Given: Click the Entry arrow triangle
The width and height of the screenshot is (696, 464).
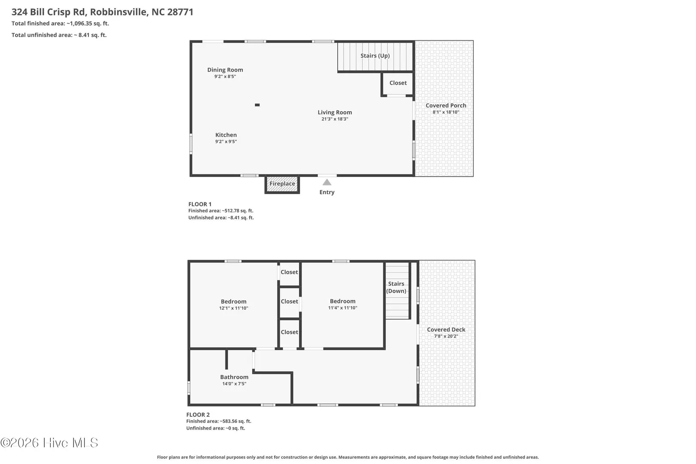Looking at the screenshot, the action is [x=327, y=183].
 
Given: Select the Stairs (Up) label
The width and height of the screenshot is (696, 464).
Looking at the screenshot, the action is [x=375, y=55].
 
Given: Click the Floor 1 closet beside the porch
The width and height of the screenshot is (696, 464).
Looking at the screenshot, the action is [x=398, y=83].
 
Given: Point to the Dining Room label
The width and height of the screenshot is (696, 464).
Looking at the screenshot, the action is [x=225, y=70].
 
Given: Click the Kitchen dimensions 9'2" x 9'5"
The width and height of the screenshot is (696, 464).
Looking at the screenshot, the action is [x=226, y=141].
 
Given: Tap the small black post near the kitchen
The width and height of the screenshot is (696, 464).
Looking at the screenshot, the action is [x=257, y=105].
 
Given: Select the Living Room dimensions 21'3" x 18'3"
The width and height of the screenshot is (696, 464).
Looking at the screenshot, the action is [x=335, y=119].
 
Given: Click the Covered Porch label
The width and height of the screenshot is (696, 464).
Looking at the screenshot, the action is [x=446, y=105].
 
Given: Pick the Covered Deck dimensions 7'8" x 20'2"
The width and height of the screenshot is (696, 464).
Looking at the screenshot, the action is [x=446, y=336].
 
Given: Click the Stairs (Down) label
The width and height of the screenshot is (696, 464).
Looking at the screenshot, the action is [x=396, y=287].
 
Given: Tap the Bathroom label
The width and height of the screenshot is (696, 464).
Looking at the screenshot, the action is [x=234, y=377].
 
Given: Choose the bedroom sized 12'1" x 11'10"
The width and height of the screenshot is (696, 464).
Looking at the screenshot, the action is [x=234, y=305].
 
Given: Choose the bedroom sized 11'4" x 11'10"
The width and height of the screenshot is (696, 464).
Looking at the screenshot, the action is [x=343, y=304].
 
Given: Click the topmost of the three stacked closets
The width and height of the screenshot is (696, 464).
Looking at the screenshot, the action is [x=289, y=274].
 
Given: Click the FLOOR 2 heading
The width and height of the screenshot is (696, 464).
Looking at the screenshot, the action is [x=198, y=415].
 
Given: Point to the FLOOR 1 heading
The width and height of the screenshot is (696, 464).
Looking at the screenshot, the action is [x=200, y=204].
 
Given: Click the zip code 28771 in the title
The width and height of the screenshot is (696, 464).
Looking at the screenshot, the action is [x=180, y=12].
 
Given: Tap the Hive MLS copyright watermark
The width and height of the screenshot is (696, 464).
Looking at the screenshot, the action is [x=49, y=443].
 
